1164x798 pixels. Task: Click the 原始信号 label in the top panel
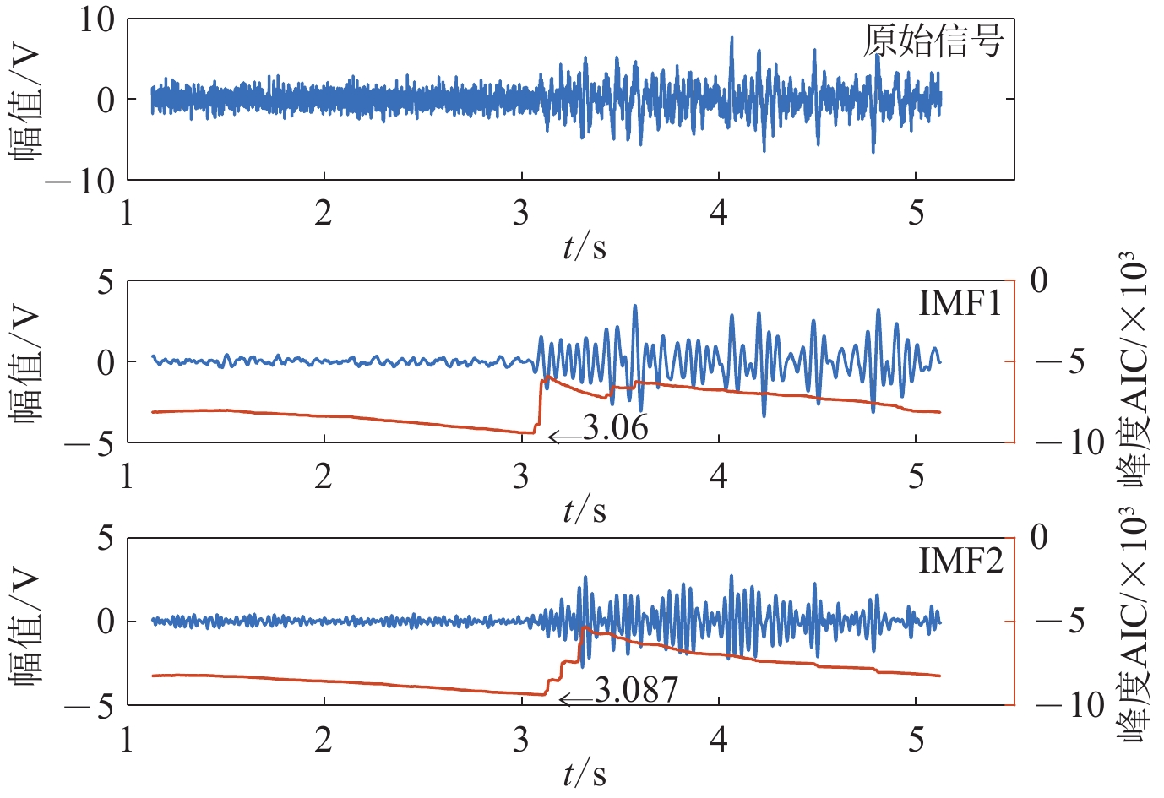(x=933, y=41)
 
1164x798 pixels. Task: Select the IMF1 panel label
(x=960, y=303)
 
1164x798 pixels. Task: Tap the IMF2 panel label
(x=960, y=560)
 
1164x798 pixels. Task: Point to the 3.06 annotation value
(x=616, y=428)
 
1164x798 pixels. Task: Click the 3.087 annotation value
(x=636, y=691)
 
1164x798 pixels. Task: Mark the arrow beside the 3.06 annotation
(x=564, y=436)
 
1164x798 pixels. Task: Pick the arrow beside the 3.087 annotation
(x=576, y=699)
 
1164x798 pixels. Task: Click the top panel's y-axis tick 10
(x=97, y=19)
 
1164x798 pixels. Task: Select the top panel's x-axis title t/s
(x=585, y=247)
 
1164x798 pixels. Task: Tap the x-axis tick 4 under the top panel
(x=718, y=213)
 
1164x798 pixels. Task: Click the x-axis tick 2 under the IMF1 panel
(x=324, y=476)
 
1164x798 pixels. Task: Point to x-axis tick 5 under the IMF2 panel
(x=917, y=740)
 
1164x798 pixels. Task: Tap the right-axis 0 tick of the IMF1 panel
(x=1039, y=280)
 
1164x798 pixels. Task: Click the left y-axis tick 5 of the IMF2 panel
(x=106, y=537)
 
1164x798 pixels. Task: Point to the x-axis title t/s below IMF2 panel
(x=585, y=773)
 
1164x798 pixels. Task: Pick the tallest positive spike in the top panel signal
(x=732, y=39)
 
